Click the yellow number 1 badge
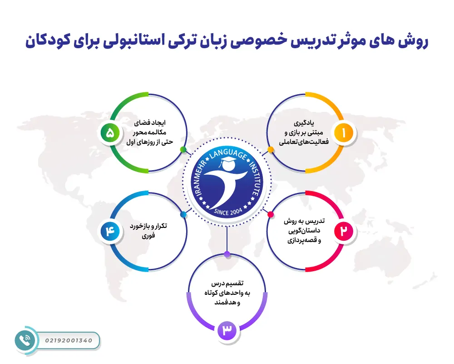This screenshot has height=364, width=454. click(x=343, y=133)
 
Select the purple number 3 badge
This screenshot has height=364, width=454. click(x=227, y=330)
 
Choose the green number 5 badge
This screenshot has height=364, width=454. click(x=110, y=133)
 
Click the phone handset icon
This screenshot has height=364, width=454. click(x=25, y=339)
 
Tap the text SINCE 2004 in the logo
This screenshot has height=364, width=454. click(x=227, y=212)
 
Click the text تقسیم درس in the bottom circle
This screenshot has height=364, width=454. click(x=227, y=284)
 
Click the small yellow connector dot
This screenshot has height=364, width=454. click(x=271, y=149)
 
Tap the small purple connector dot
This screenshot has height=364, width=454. click(x=227, y=253)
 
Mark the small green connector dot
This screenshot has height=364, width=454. click(x=183, y=149)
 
